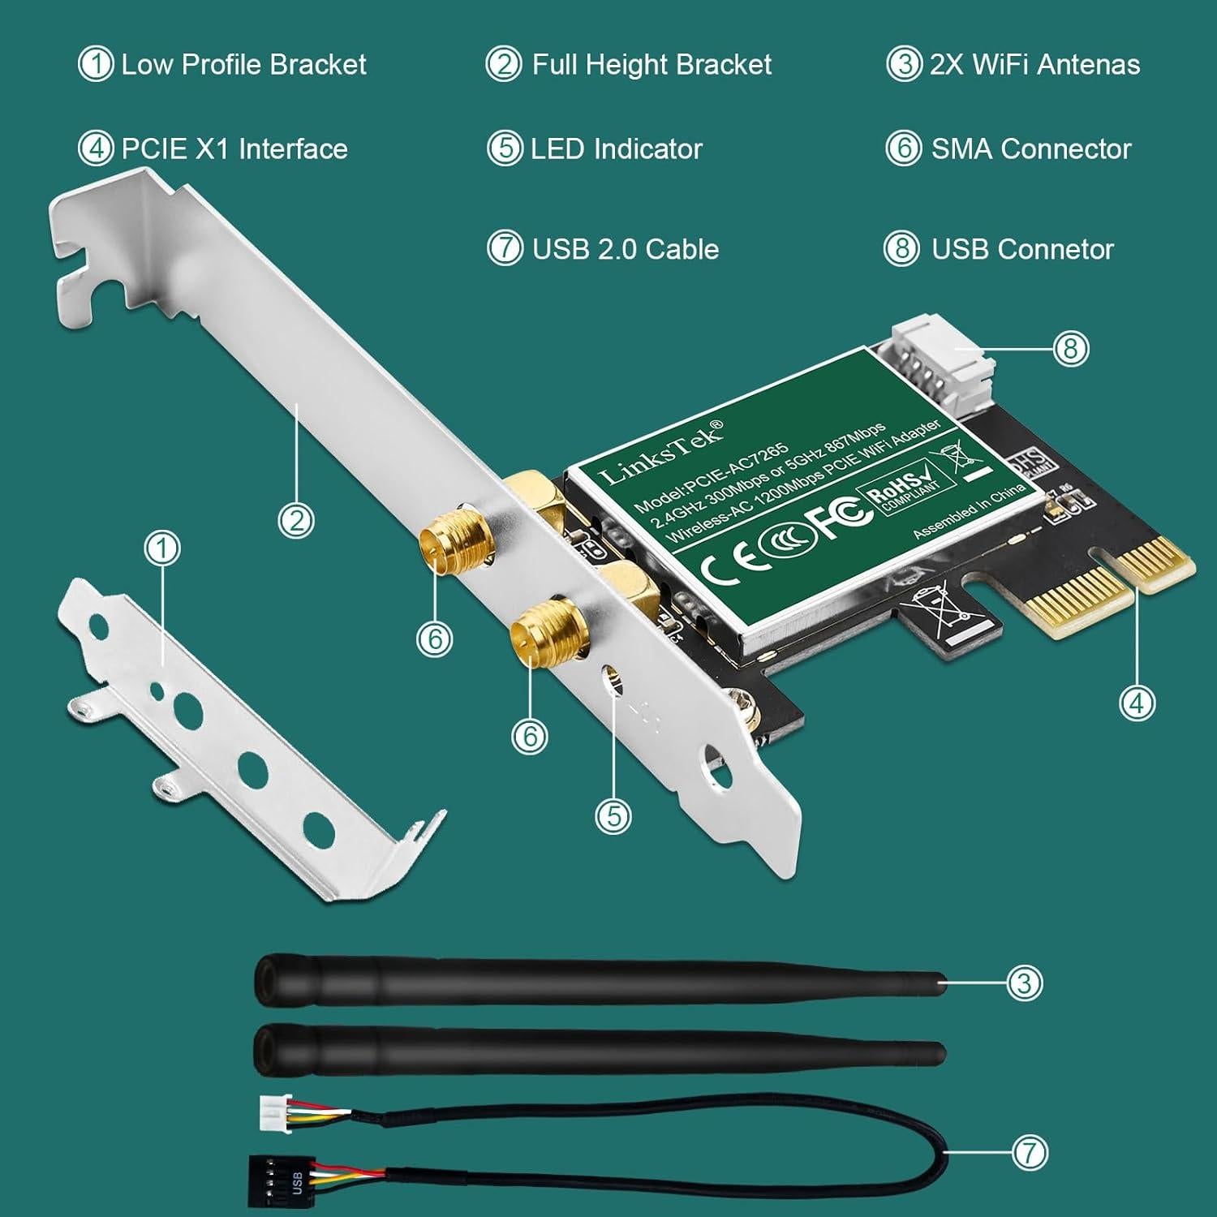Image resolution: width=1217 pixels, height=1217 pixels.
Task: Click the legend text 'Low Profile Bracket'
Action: pyautogui.click(x=243, y=65)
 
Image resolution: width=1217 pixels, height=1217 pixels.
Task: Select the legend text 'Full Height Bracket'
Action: pyautogui.click(x=652, y=65)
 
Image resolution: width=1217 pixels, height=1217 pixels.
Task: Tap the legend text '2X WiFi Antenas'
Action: pyautogui.click(x=1034, y=65)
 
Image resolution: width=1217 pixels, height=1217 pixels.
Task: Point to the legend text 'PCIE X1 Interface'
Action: pyautogui.click(x=234, y=149)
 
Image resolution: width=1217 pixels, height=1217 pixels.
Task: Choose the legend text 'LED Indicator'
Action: pyautogui.click(x=616, y=149)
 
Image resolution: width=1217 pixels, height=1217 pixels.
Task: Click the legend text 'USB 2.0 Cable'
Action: pyautogui.click(x=625, y=249)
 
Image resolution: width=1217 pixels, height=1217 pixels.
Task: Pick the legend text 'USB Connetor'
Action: pyautogui.click(x=1022, y=249)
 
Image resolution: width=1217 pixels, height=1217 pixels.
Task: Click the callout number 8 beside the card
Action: pyautogui.click(x=1070, y=349)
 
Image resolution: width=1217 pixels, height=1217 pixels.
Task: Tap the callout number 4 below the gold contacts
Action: pyautogui.click(x=1136, y=703)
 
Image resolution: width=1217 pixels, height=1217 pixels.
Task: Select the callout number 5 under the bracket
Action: pyautogui.click(x=613, y=815)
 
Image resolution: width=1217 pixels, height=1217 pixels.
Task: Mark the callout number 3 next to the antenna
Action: pyautogui.click(x=1024, y=983)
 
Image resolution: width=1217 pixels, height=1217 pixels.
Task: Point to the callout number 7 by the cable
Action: pyautogui.click(x=1030, y=1152)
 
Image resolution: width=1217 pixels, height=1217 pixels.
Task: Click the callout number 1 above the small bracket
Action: pyautogui.click(x=162, y=548)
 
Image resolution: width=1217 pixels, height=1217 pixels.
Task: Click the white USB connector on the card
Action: pyautogui.click(x=941, y=357)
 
